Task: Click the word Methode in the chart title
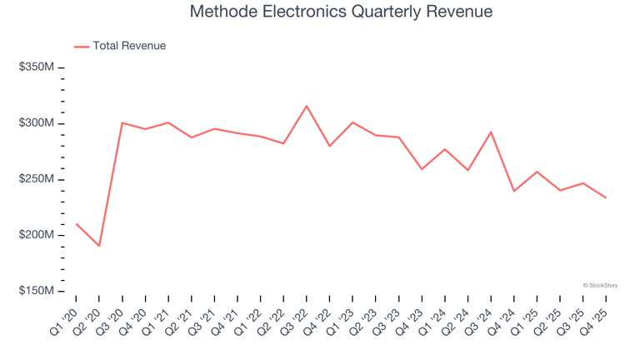224,12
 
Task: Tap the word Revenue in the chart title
459,12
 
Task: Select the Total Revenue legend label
129,46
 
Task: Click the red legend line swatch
82,47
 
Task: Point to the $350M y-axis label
37,67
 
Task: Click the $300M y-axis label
37,122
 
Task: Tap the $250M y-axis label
37,179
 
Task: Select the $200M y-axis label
37,235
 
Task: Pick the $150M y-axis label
37,291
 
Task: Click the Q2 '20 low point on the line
99,246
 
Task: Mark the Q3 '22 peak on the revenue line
307,106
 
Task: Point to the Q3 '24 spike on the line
491,132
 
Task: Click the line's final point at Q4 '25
606,198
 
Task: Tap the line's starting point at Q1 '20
77,223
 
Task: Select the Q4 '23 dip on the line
422,169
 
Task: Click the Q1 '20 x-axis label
64,322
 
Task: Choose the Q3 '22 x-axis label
294,322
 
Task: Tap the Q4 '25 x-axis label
593,322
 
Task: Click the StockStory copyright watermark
600,285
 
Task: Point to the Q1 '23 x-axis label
340,322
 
